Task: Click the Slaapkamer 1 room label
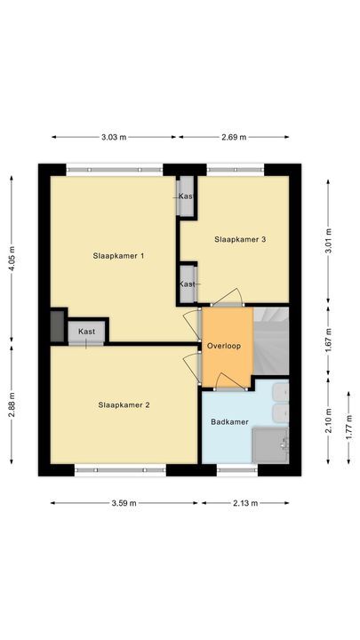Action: click(x=118, y=255)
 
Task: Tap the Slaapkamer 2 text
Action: click(x=124, y=404)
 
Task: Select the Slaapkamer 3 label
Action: click(x=240, y=238)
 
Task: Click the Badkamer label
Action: click(x=228, y=421)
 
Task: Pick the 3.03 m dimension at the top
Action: click(x=114, y=137)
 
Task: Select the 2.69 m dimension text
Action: click(x=234, y=137)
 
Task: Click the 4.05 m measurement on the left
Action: click(x=12, y=257)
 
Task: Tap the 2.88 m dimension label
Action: click(x=12, y=408)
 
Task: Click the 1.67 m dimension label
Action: click(x=329, y=340)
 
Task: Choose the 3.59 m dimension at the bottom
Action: click(x=124, y=503)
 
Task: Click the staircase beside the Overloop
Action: click(x=272, y=342)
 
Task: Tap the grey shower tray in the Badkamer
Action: click(x=270, y=445)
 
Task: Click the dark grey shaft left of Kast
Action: click(x=57, y=325)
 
